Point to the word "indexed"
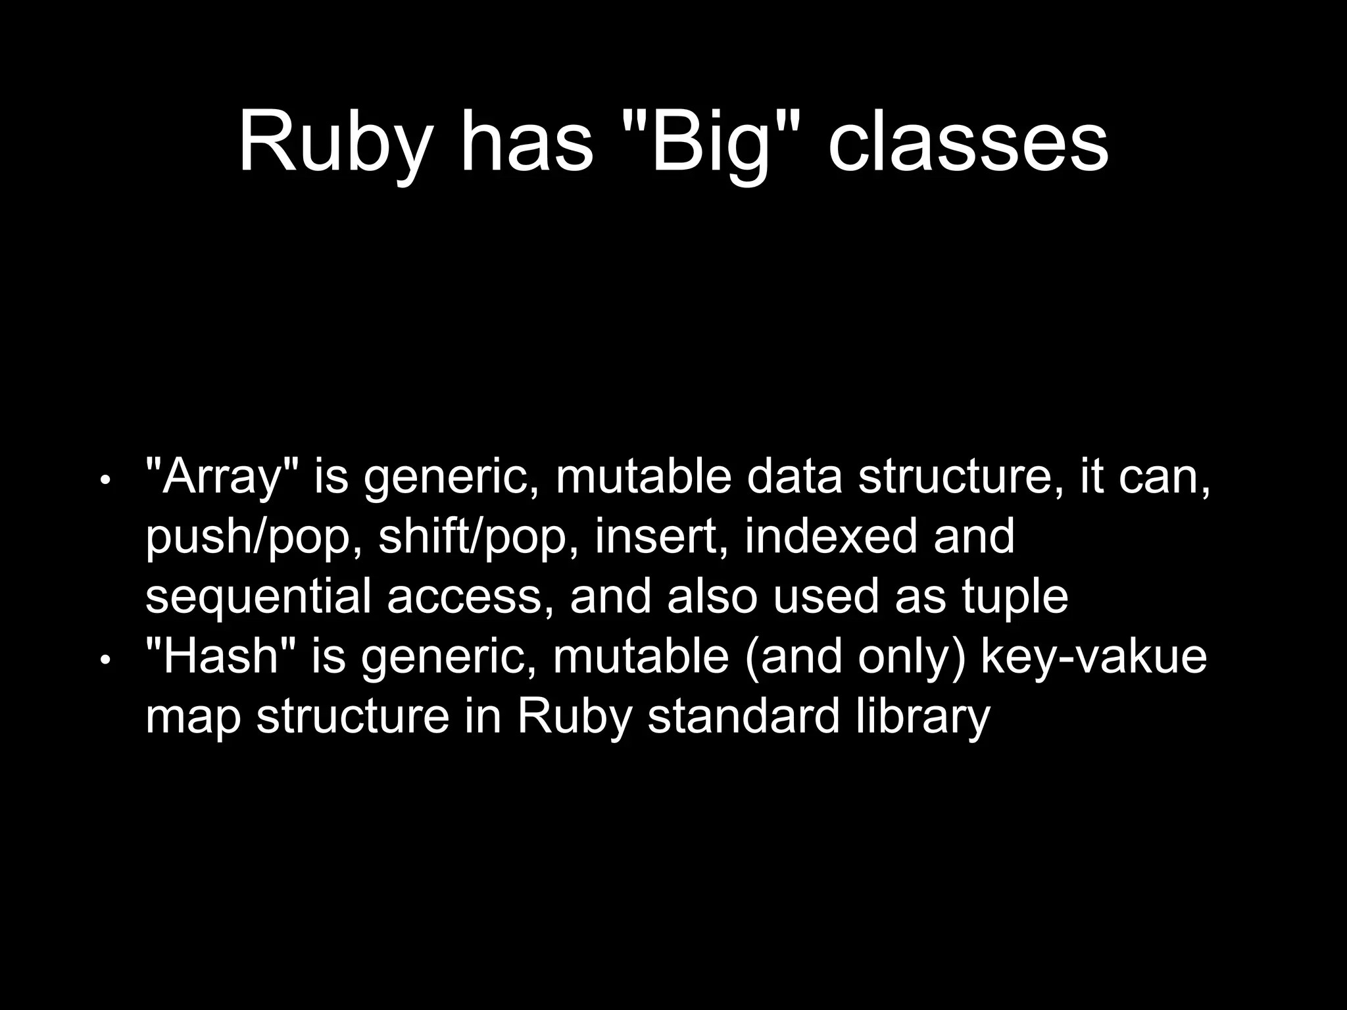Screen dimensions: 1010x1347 pyautogui.click(x=831, y=537)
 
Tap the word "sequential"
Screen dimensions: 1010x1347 pyautogui.click(x=258, y=597)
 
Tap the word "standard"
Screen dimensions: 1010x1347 pyautogui.click(x=744, y=716)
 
